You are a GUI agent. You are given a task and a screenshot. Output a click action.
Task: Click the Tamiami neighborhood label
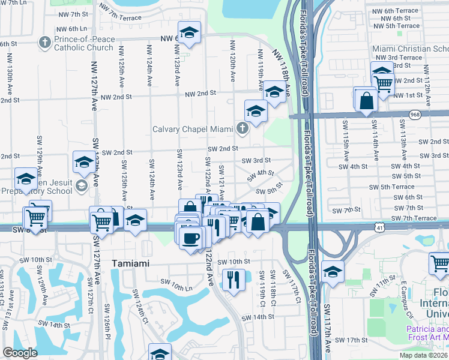pyautogui.click(x=132, y=263)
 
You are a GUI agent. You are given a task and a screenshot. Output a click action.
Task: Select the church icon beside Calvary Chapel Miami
pyautogui.click(x=243, y=128)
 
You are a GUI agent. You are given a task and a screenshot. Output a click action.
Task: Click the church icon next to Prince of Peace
pyautogui.click(x=44, y=43)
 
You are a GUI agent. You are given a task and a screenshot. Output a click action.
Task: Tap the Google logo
pyautogui.click(x=20, y=353)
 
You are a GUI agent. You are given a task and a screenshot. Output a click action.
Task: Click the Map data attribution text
pyautogui.click(x=423, y=355)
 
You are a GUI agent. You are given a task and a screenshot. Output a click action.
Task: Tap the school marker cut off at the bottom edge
pyautogui.click(x=160, y=353)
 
